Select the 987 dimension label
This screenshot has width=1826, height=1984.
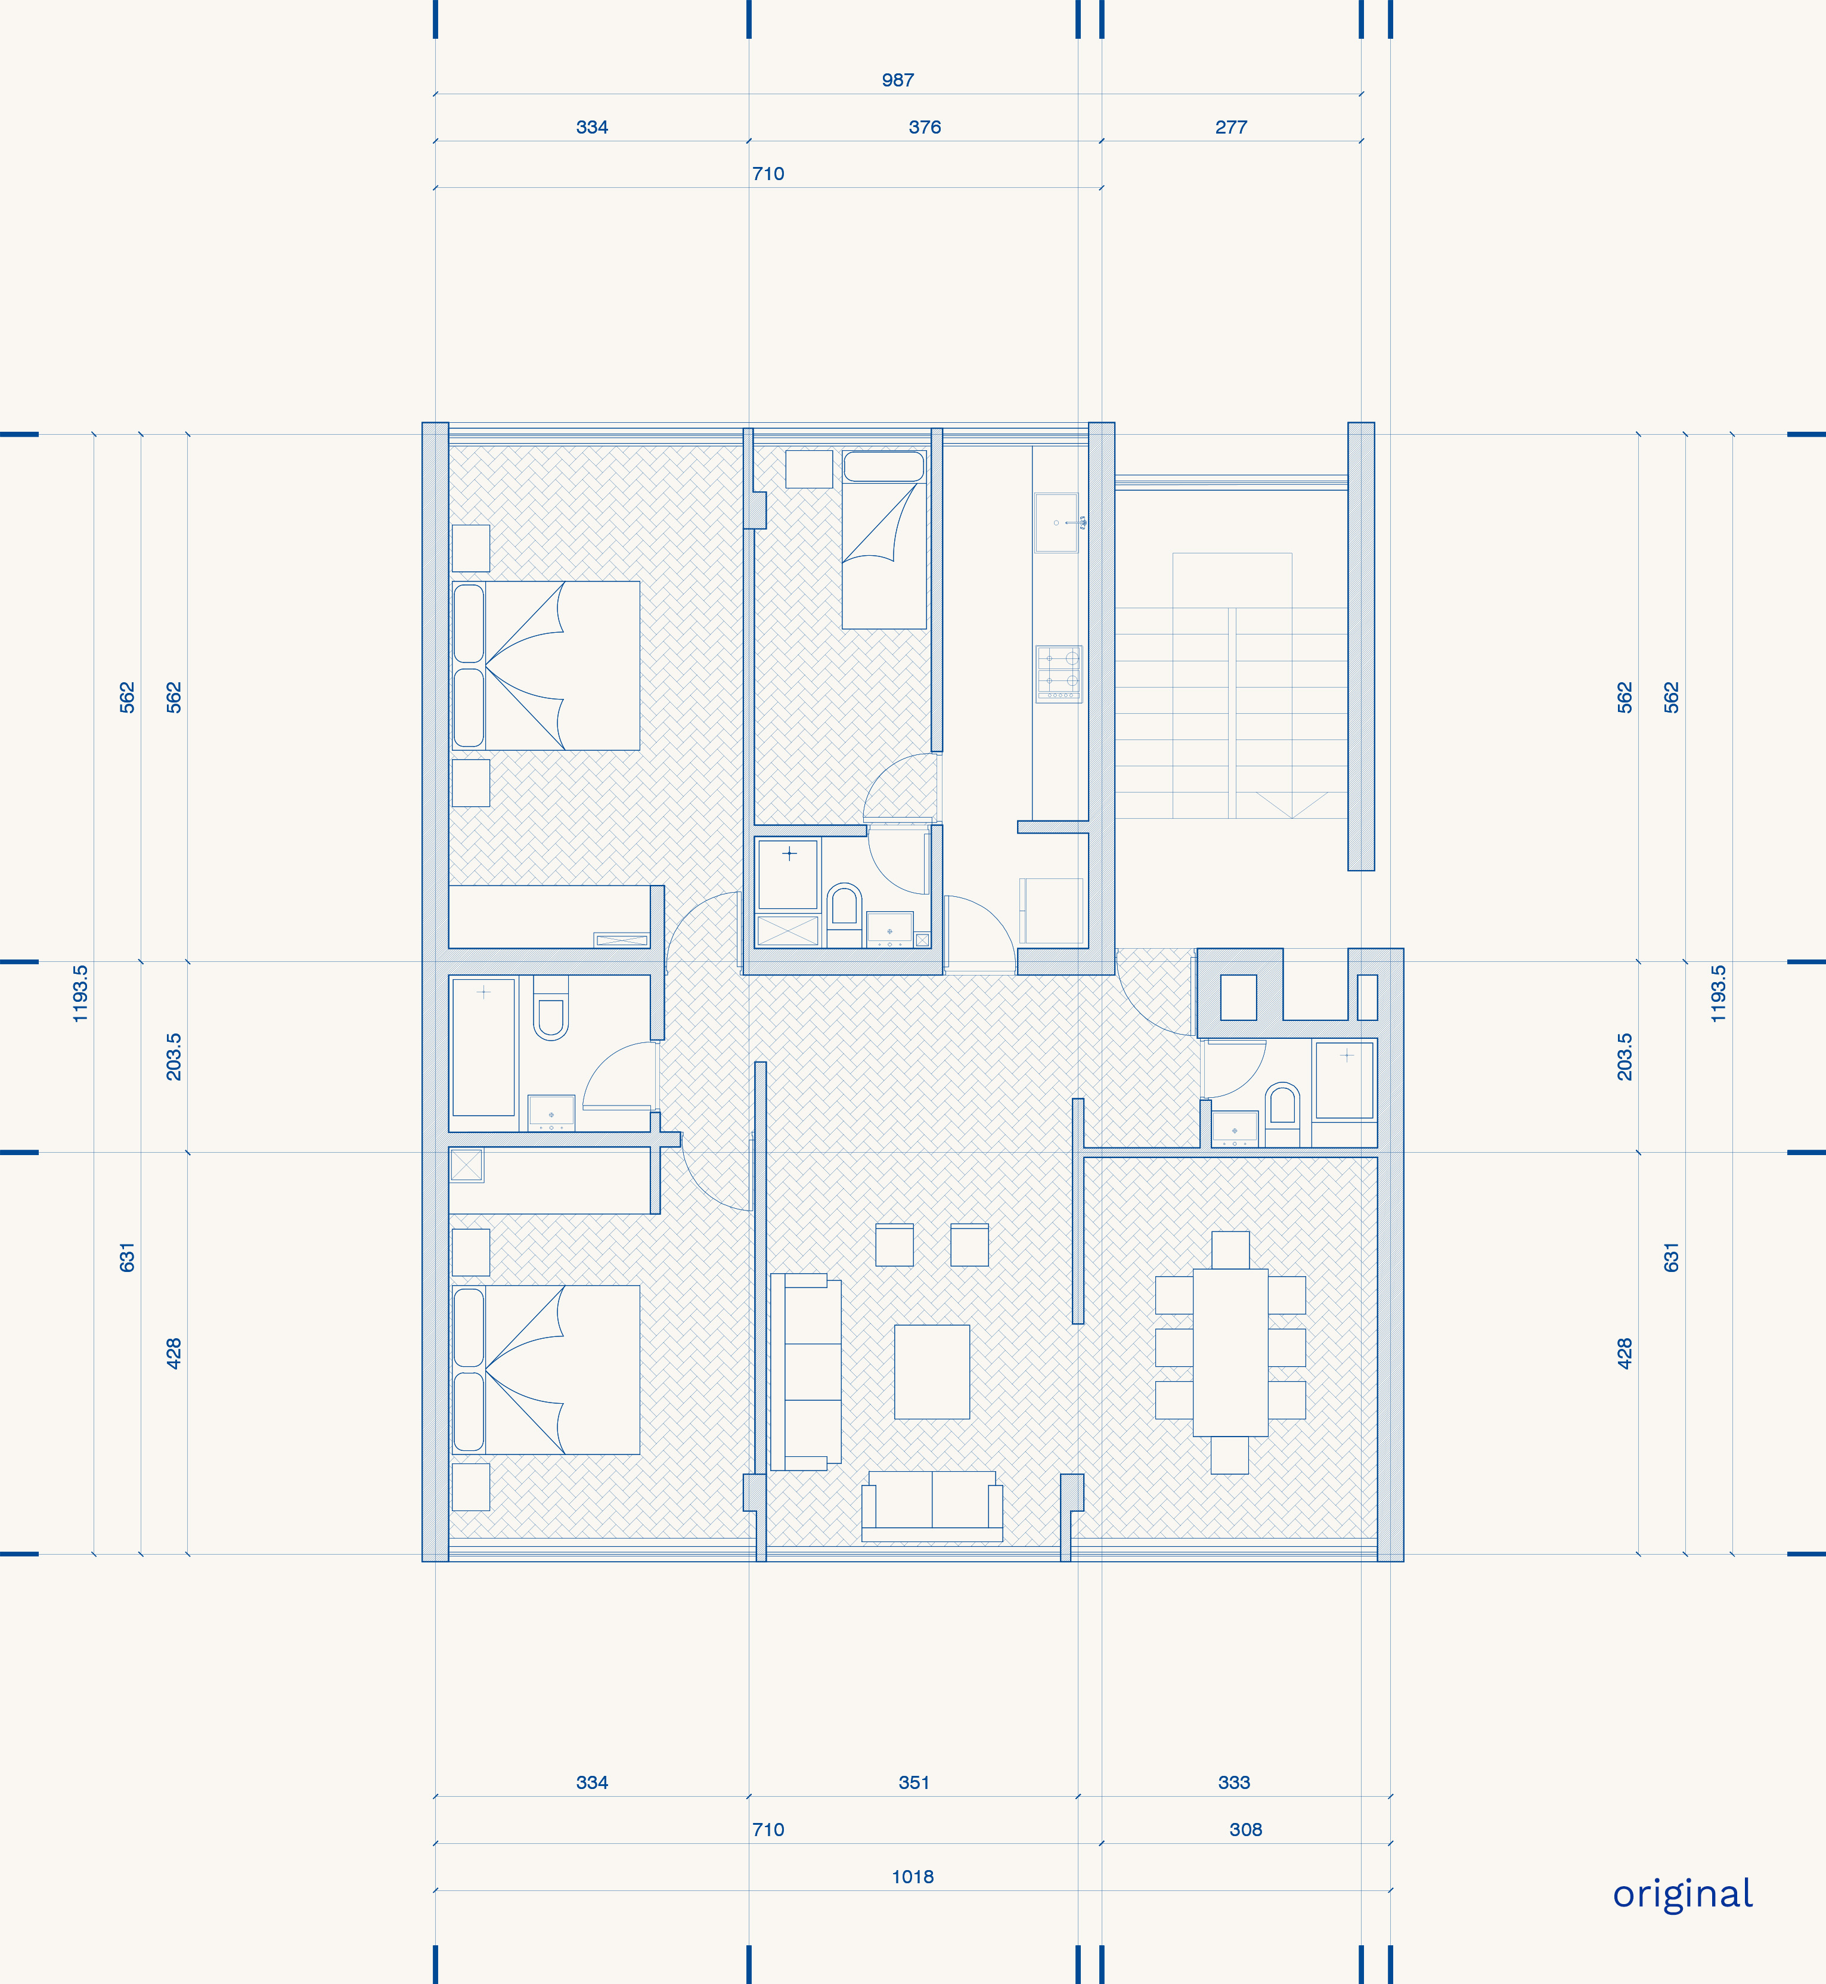click(x=898, y=80)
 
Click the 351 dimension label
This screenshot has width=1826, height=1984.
click(x=914, y=1782)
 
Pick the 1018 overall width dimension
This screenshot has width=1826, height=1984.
click(x=913, y=1876)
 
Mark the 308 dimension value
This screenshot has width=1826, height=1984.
click(x=1246, y=1830)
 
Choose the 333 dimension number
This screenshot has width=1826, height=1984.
click(x=1234, y=1782)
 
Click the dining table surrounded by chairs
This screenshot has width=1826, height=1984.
click(x=1230, y=1352)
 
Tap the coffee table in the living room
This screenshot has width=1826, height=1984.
click(x=932, y=1372)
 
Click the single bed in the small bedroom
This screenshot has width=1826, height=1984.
click(x=884, y=540)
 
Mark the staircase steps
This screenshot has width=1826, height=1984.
click(x=1231, y=713)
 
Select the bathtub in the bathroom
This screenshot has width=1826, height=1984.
click(x=483, y=1047)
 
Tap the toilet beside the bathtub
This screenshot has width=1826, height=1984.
click(x=550, y=1008)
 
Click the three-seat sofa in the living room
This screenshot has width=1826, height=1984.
click(x=806, y=1372)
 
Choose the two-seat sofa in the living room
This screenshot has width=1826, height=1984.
click(x=932, y=1506)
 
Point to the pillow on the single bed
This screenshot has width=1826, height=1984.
click(x=884, y=466)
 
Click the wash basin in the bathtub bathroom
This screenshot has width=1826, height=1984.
click(x=551, y=1113)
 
